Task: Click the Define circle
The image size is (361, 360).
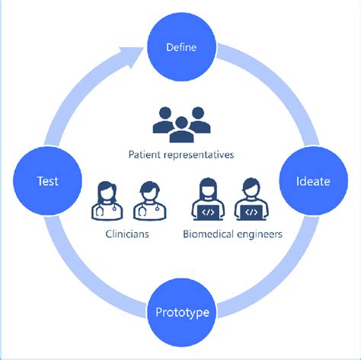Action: pyautogui.click(x=181, y=47)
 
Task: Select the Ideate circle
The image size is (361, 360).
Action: pyautogui.click(x=315, y=181)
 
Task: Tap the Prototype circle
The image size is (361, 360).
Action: pyautogui.click(x=181, y=312)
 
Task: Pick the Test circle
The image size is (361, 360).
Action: pyautogui.click(x=47, y=181)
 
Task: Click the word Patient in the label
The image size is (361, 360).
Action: pyautogui.click(x=145, y=155)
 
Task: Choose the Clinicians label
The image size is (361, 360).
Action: pyautogui.click(x=126, y=234)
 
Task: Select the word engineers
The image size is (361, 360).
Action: pyautogui.click(x=261, y=234)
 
